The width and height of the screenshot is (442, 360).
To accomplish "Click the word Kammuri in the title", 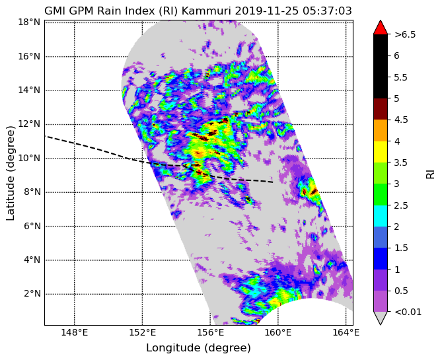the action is click(x=207, y=11).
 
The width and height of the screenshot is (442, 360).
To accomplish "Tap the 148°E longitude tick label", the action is click(x=75, y=333).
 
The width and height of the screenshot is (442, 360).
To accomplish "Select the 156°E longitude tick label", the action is click(x=211, y=333).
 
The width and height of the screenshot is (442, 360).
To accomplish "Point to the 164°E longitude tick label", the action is click(x=346, y=333).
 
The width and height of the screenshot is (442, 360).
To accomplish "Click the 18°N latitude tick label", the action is click(x=29, y=22).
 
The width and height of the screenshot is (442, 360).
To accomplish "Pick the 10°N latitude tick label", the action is click(x=29, y=158).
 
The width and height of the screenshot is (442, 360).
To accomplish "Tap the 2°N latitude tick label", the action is click(x=32, y=294).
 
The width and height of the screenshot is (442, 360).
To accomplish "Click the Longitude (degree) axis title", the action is click(x=198, y=348).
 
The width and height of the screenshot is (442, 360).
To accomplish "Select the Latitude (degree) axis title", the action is click(x=10, y=173).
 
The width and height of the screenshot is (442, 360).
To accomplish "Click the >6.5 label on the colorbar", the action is click(x=405, y=34).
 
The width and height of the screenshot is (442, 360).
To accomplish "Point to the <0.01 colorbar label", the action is click(x=408, y=312).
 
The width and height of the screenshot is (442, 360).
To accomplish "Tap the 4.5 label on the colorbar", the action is click(x=401, y=120).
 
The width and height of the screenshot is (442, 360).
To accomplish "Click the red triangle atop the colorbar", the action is click(x=381, y=28).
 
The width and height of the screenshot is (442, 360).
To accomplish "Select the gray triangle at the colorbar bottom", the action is click(x=381, y=318).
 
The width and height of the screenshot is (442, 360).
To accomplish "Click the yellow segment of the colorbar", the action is click(x=381, y=152).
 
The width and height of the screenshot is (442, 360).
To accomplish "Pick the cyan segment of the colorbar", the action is click(x=381, y=216).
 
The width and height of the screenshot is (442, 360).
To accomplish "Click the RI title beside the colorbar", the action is click(x=430, y=174).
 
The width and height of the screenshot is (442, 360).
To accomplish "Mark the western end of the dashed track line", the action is click(x=45, y=136).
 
